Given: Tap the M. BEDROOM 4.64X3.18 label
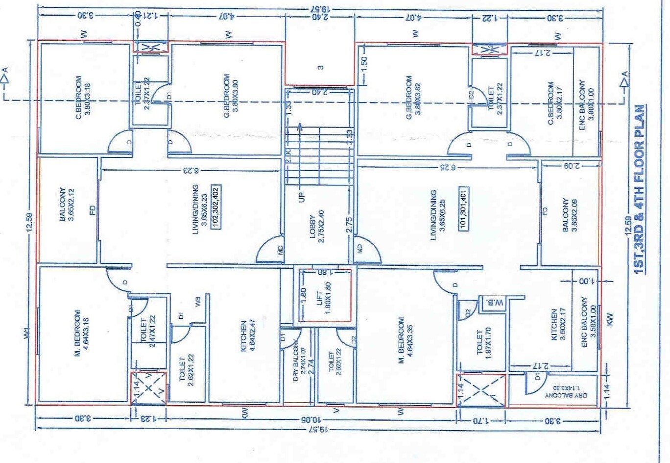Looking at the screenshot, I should (x=81, y=334).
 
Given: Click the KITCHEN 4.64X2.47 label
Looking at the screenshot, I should (x=247, y=336).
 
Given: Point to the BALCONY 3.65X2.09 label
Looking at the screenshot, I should (x=570, y=215).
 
